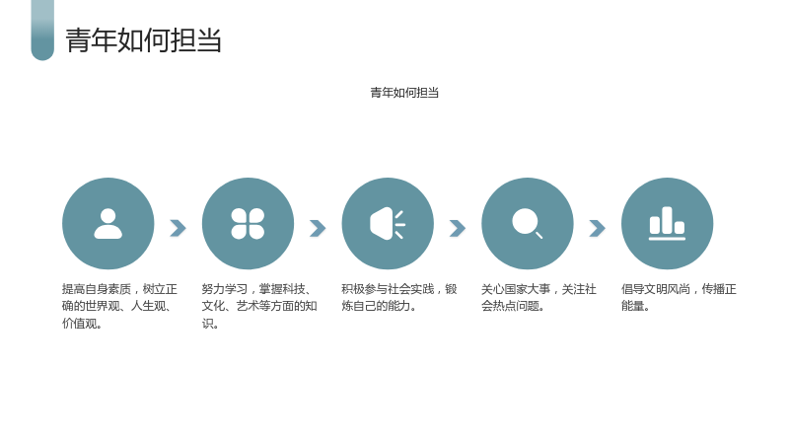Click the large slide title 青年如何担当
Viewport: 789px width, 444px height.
point(143,40)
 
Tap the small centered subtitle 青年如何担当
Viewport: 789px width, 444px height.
point(404,93)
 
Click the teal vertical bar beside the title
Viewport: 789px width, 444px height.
point(42,31)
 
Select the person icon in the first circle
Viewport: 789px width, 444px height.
point(108,224)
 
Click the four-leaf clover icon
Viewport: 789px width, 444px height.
point(248,224)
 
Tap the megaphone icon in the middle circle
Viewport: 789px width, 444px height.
point(388,224)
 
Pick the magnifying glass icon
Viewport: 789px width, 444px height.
point(527,223)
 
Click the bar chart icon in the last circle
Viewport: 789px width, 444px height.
point(668,224)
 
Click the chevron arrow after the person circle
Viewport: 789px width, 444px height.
point(179,228)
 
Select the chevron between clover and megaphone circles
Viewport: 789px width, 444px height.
point(318,228)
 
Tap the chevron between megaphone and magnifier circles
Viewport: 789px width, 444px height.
point(458,228)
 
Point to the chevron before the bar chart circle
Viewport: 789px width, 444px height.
point(598,228)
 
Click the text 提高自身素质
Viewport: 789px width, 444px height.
point(97,289)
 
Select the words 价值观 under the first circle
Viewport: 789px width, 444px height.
point(80,324)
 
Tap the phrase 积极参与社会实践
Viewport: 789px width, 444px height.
point(388,289)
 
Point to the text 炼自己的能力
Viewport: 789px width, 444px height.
point(377,306)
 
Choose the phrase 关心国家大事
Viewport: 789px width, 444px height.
point(516,289)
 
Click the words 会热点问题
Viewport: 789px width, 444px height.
point(510,306)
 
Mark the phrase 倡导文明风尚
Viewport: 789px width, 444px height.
point(656,289)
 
